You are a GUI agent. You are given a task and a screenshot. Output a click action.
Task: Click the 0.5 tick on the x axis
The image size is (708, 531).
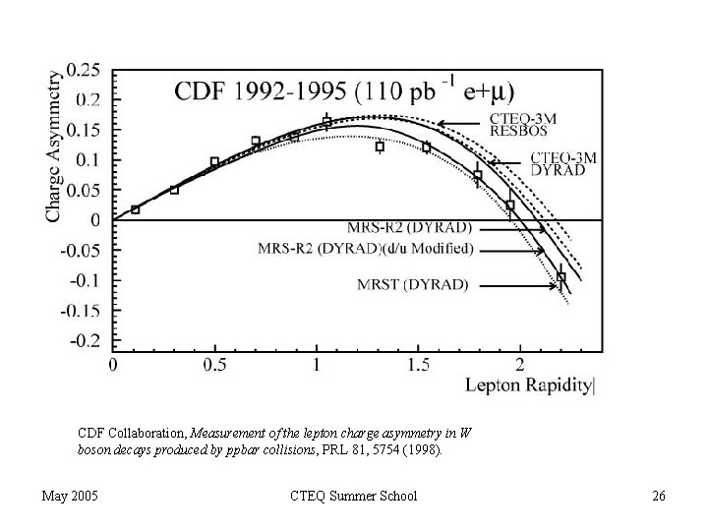click(x=214, y=365)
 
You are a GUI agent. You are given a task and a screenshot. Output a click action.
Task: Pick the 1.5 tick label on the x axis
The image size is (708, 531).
click(x=418, y=365)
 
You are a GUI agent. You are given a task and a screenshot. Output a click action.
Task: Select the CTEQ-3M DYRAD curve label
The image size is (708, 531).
click(x=563, y=164)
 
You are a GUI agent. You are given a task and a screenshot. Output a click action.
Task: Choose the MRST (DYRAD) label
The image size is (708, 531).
click(x=413, y=286)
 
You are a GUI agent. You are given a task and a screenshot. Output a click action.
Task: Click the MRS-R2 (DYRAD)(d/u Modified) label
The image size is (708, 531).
click(x=366, y=248)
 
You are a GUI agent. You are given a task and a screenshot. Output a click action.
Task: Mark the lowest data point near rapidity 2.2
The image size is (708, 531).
click(x=561, y=277)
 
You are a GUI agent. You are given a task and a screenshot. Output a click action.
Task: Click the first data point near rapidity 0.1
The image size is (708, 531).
click(x=135, y=209)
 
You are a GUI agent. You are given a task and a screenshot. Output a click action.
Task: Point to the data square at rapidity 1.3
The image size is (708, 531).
click(x=380, y=147)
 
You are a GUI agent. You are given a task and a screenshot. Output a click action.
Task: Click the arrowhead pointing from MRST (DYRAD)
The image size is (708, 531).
click(x=556, y=286)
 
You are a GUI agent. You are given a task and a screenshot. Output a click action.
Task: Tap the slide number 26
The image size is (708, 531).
click(x=659, y=496)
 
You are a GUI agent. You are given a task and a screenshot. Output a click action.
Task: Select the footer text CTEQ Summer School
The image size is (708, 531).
click(x=356, y=496)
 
